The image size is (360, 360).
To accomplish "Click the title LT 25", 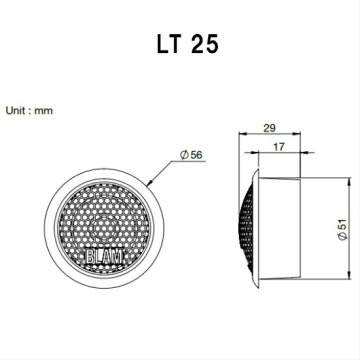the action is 187,44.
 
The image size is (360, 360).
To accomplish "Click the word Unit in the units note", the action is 15,110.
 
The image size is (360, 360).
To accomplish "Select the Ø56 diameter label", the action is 191,155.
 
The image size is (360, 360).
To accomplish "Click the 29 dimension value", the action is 269,128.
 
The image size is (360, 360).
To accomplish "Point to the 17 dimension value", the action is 278,146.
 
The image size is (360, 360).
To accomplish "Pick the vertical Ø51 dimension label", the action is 342,229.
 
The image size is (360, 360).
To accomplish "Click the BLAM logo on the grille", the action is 104,256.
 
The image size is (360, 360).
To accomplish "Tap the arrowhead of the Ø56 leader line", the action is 149,183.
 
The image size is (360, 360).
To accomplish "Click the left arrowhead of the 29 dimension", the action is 243,133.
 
